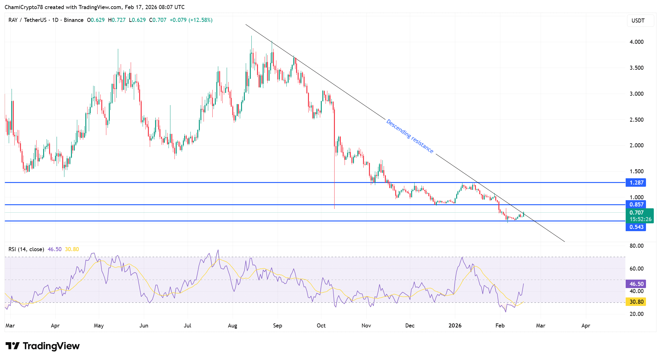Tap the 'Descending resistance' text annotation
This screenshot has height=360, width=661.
pyautogui.click(x=410, y=136)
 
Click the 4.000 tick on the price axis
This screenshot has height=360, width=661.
pyautogui.click(x=636, y=42)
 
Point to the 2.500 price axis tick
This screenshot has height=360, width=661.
pyautogui.click(x=636, y=119)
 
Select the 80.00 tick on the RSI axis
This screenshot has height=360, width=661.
pyautogui.click(x=636, y=246)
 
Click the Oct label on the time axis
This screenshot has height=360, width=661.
pyautogui.click(x=321, y=326)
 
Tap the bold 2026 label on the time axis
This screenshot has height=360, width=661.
pyautogui.click(x=455, y=326)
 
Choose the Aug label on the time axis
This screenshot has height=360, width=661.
pyautogui.click(x=232, y=326)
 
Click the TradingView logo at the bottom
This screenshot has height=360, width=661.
pyautogui.click(x=43, y=346)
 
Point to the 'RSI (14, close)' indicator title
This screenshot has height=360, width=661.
pyautogui.click(x=26, y=249)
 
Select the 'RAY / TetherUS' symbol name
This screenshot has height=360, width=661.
pyautogui.click(x=27, y=20)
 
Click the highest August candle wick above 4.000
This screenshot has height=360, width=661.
pyautogui.click(x=251, y=41)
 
